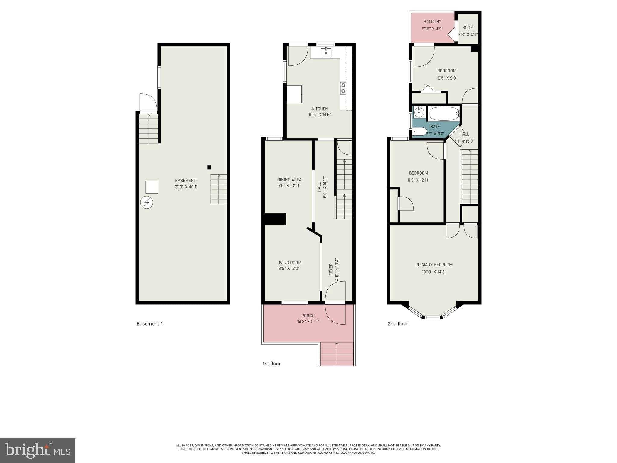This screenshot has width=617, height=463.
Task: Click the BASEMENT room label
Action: click(x=185, y=181)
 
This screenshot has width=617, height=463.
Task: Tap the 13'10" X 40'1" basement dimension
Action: click(x=185, y=187)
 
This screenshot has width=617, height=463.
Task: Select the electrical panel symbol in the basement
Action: click(x=147, y=203)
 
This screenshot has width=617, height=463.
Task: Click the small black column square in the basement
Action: click(x=209, y=168)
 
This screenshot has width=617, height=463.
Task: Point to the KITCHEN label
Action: click(x=320, y=109)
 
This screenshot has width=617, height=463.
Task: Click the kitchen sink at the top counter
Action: click(x=326, y=53)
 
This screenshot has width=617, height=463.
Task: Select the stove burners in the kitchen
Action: click(x=343, y=88)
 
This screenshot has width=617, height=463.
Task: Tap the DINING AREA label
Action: click(x=289, y=180)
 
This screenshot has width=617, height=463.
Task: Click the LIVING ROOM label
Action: click(x=289, y=263)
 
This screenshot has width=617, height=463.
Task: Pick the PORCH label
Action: click(x=308, y=316)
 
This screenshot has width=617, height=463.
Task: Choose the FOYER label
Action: click(x=331, y=269)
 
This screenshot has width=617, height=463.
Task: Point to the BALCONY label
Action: click(x=432, y=22)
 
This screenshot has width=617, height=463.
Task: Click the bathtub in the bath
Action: click(x=444, y=114)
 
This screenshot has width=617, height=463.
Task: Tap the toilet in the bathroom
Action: click(x=419, y=131)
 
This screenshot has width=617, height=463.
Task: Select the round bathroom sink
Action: click(x=419, y=112)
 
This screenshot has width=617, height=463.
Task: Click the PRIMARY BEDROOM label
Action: click(x=434, y=265)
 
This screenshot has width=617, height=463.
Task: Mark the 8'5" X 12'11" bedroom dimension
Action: click(x=418, y=180)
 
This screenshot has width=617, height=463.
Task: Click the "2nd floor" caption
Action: click(x=398, y=324)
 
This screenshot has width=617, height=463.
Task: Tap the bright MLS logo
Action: click(x=38, y=450)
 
